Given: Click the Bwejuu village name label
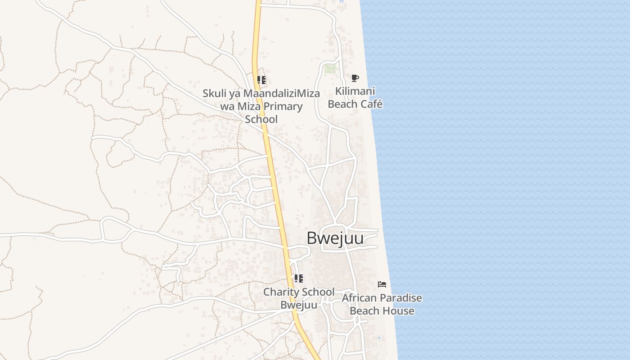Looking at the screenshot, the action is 335,238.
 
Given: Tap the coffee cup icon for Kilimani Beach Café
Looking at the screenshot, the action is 355,78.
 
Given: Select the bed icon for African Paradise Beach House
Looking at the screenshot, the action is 382,284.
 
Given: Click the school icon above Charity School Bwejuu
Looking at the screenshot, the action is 299,279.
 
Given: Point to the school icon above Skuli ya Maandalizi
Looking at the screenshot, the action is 261,81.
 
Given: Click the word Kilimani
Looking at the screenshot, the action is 355,91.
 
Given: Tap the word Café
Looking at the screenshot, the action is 370,104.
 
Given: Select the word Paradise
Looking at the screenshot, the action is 400,298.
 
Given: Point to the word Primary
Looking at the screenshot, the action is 283,107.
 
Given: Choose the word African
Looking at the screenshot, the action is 359,298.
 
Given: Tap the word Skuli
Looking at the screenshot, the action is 213,94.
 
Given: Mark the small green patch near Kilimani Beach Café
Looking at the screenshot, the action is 330,68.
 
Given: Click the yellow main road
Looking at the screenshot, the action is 274,180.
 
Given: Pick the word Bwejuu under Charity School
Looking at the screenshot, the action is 299,305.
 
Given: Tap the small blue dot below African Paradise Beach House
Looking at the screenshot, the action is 379,337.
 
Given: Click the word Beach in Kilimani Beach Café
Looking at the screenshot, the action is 342,104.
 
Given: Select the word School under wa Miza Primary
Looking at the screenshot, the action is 261,119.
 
